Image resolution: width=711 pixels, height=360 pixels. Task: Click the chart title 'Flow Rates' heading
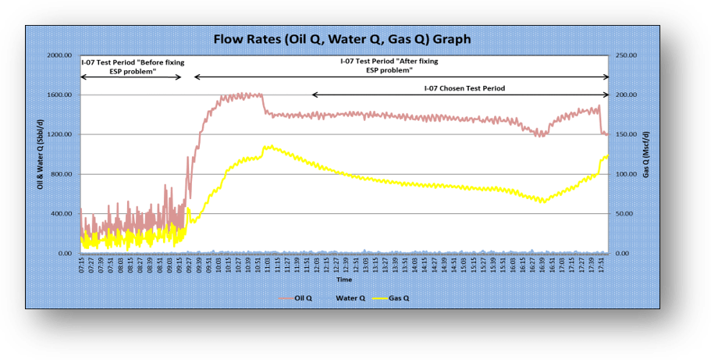[343, 38]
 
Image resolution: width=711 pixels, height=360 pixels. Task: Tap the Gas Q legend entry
[401, 298]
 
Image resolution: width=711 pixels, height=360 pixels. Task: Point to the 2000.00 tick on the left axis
[59, 55]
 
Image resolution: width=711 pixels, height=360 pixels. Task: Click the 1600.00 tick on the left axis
[59, 95]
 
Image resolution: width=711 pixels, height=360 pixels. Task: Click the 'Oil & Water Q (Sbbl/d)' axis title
[40, 155]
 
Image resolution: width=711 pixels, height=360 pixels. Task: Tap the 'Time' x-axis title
[343, 279]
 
